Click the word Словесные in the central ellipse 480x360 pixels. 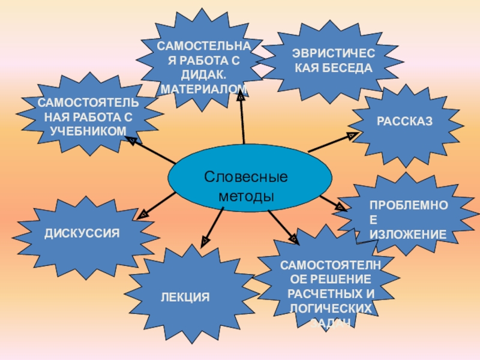(246, 178)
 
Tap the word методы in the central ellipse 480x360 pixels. (246, 196)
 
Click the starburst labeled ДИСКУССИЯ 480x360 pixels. (82, 232)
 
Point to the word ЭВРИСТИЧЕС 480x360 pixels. (333, 54)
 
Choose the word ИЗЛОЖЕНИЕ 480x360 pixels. (408, 234)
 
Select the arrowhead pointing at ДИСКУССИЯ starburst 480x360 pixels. (144, 213)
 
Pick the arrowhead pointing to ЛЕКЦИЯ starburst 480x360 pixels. (205, 241)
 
